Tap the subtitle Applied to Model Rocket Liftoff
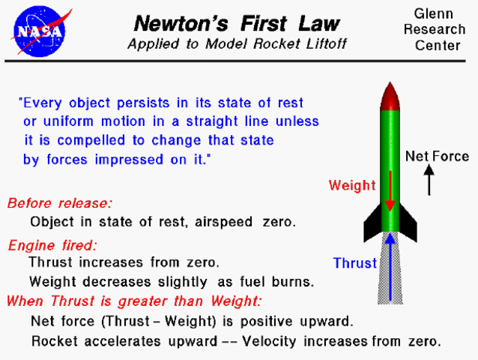coord(237,43)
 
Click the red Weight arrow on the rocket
coord(390,191)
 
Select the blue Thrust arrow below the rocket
coord(390,266)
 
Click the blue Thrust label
coord(355,263)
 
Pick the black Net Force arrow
coord(429,180)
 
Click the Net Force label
coord(437,157)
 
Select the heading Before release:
coord(60,203)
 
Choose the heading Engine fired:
coord(53,245)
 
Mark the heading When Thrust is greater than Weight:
coord(134,302)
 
